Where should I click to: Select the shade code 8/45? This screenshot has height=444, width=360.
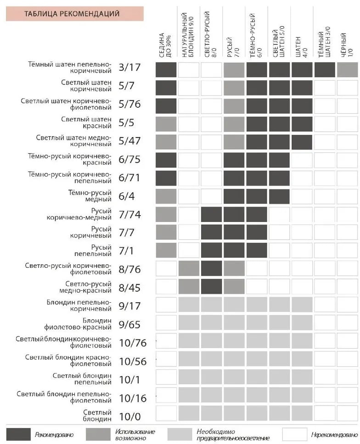click(129, 288)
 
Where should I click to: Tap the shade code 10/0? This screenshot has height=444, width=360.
click(129, 417)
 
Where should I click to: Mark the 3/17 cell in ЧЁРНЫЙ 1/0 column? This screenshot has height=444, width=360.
click(348, 70)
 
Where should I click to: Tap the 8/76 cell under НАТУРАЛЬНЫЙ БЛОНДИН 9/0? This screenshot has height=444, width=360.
click(189, 268)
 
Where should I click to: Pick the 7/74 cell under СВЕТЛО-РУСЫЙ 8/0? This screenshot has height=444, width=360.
click(212, 214)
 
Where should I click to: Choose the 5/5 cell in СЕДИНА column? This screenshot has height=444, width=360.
click(166, 124)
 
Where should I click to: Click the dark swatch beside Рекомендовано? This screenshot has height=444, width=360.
click(17, 434)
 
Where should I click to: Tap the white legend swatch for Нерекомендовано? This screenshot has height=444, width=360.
click(294, 434)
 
